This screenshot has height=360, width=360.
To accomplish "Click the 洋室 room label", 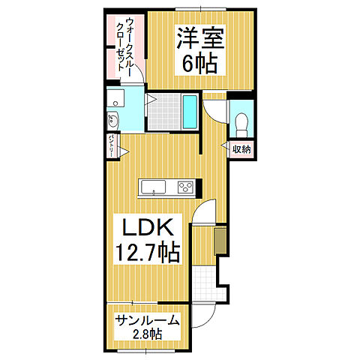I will click(x=196, y=37).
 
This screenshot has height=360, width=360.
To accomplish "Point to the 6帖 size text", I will click(x=196, y=63).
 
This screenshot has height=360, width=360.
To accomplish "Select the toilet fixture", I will click(x=241, y=122).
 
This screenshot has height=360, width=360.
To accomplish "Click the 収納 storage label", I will click(x=241, y=149).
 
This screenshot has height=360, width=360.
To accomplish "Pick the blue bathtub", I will click(x=190, y=113).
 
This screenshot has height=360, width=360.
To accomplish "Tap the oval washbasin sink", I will click(x=112, y=120).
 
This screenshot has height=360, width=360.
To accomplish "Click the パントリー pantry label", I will click(x=110, y=145).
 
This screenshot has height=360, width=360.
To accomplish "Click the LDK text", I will click(x=147, y=227).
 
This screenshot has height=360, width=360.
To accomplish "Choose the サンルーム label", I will click(x=146, y=320).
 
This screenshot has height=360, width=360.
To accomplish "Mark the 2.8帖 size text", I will click(x=148, y=334).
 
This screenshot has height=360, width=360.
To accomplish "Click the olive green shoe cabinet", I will click(x=220, y=241).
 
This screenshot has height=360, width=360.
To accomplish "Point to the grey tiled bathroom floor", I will click(x=163, y=112).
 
